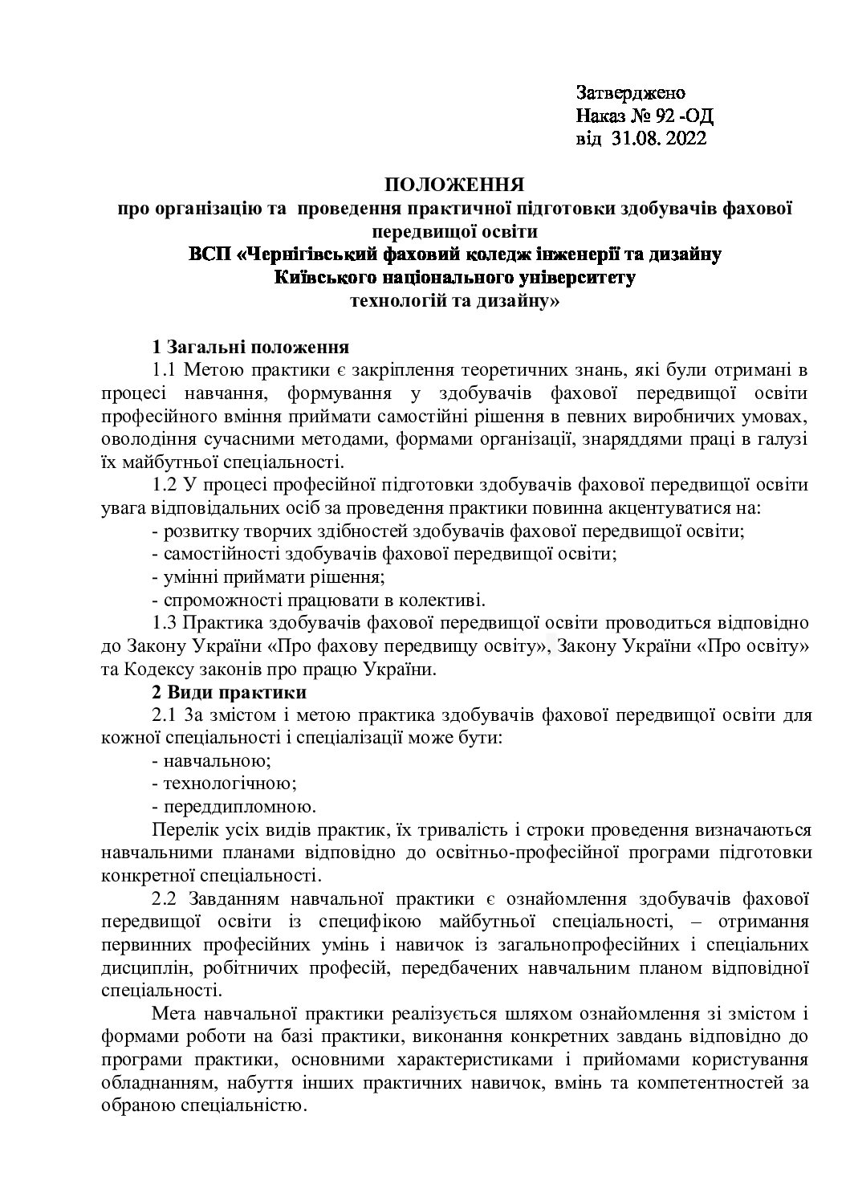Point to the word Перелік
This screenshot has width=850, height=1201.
181,829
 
